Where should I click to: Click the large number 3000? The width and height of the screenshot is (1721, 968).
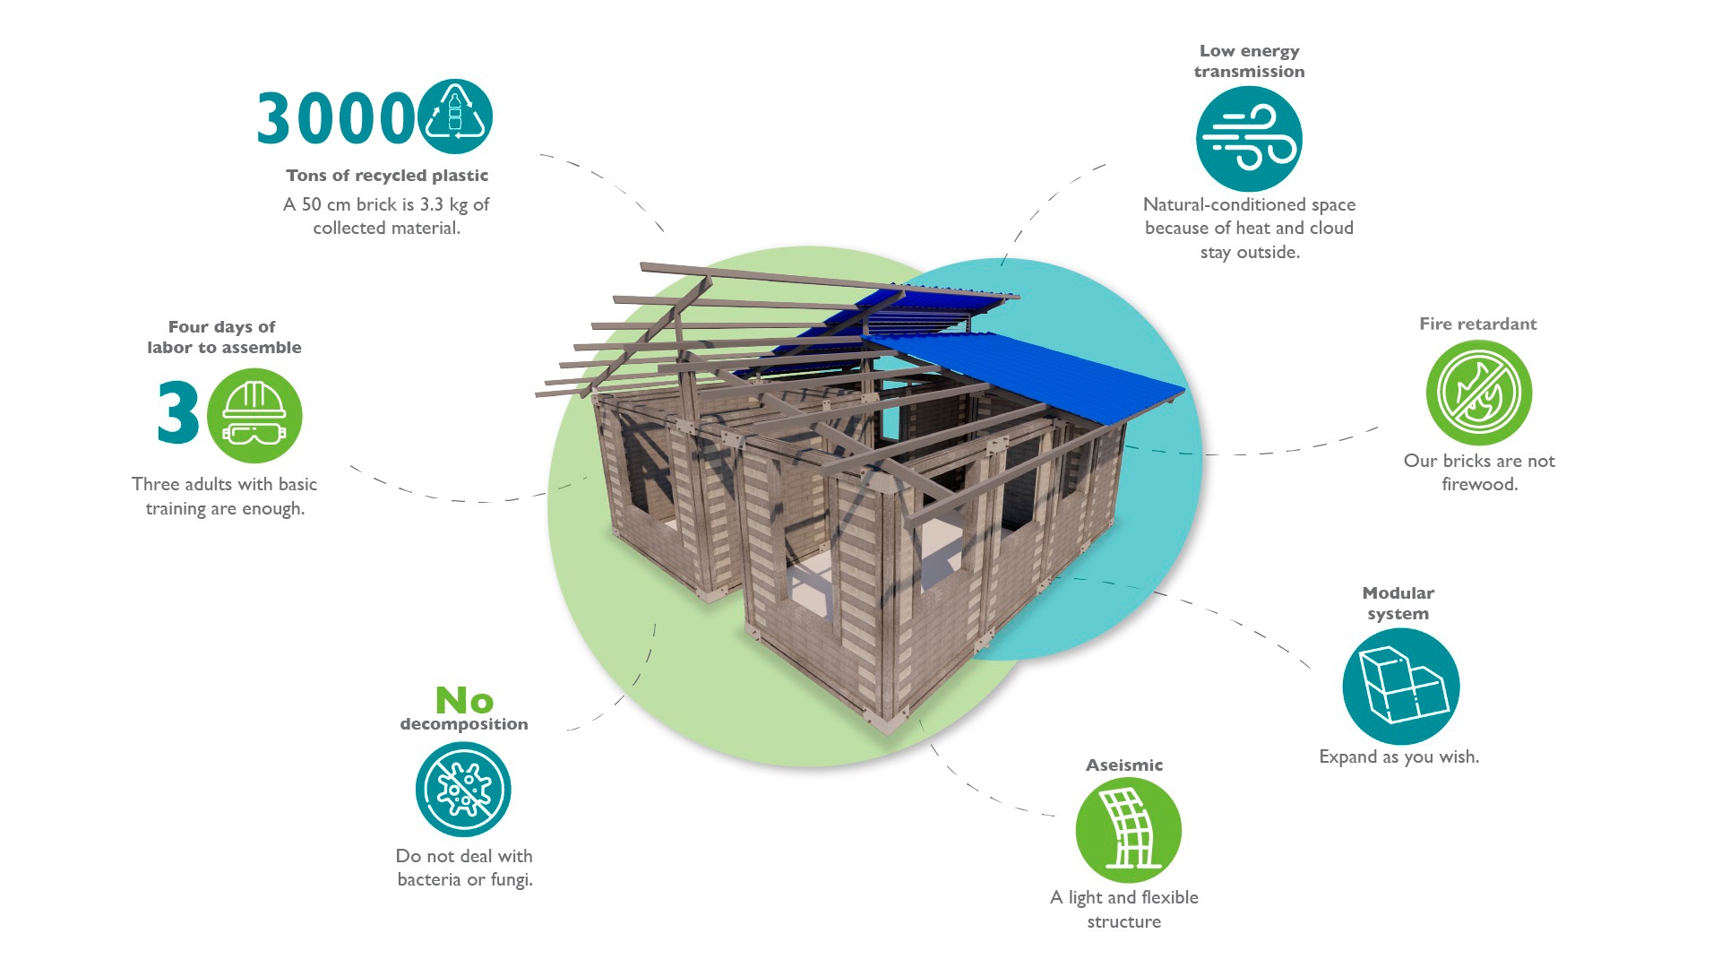coord(333,118)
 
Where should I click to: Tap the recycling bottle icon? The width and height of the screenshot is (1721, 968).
coord(455,117)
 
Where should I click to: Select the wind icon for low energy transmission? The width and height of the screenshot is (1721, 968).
coord(1249,139)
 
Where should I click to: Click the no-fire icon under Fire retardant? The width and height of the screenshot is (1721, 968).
coord(1478,393)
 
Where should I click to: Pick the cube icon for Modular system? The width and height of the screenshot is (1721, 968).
coord(1400,687)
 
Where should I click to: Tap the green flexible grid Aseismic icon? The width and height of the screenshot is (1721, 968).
coord(1128,830)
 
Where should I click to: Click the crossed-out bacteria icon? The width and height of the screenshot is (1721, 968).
coord(463,789)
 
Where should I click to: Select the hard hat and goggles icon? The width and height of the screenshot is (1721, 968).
coord(254,416)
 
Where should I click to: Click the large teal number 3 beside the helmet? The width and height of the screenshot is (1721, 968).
coord(177,412)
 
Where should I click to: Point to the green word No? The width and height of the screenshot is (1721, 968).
coord(464,700)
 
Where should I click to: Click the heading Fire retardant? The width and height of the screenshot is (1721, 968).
coord(1477,324)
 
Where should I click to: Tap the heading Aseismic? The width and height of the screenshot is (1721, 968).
coord(1123,765)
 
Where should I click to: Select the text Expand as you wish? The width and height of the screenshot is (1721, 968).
coord(1398,756)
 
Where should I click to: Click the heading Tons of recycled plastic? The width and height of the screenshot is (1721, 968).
coord(387,176)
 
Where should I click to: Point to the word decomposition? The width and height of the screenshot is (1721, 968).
coord(464,724)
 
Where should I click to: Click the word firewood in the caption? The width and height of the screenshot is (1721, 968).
coord(1479,485)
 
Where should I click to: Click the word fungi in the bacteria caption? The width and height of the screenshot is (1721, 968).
coord(511,880)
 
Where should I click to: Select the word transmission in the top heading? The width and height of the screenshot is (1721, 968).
coord(1249,72)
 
